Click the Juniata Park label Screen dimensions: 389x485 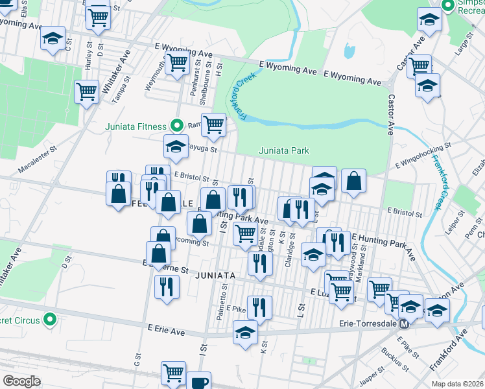click(x=284, y=150)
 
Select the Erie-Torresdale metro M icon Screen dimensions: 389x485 click(x=403, y=324)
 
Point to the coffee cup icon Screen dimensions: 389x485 click(x=199, y=381)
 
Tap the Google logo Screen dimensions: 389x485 click(x=21, y=381)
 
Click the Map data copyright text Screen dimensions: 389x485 click(x=457, y=384)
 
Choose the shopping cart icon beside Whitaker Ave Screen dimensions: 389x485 click(x=86, y=91)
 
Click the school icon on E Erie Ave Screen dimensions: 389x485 click(x=245, y=332)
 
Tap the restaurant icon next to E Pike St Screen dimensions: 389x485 click(x=259, y=307)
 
